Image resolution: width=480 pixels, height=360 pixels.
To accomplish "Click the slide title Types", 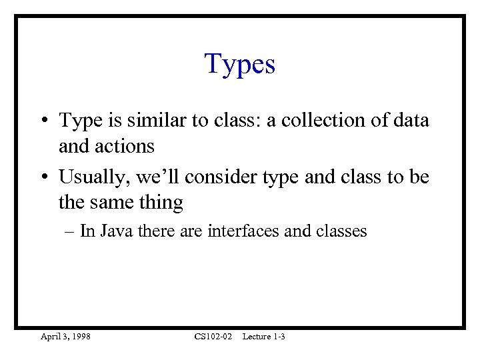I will pos(239,65).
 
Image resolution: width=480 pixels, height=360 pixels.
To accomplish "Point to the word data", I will pos(411,121).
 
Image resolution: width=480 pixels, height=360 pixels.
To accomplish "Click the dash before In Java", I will pos(71,232).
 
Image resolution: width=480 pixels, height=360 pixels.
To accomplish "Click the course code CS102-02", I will pos(213,337).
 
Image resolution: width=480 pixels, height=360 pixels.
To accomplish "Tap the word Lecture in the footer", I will pos(257,337).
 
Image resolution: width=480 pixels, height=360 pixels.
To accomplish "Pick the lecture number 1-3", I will pos(279,337).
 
